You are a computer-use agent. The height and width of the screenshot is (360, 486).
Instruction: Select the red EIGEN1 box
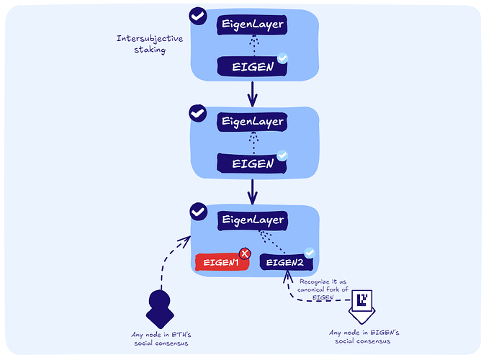(222, 262)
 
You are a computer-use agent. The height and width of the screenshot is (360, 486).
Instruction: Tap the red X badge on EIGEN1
(245, 253)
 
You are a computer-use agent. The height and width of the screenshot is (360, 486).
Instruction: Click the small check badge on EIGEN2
(310, 253)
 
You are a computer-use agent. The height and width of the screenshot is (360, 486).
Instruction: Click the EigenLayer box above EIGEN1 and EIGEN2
(252, 220)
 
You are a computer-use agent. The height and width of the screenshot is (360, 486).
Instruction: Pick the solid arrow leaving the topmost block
(252, 93)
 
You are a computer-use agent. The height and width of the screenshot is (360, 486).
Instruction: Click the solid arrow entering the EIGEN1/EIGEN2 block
(252, 192)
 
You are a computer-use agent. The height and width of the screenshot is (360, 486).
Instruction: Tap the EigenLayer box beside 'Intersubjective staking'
(252, 25)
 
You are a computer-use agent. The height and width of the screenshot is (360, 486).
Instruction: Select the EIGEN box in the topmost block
(252, 67)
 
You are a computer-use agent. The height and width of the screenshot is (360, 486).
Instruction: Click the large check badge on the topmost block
(197, 15)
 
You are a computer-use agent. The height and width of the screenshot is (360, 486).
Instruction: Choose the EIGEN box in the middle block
(252, 163)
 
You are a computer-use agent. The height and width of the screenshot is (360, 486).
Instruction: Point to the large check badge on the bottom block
(197, 212)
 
